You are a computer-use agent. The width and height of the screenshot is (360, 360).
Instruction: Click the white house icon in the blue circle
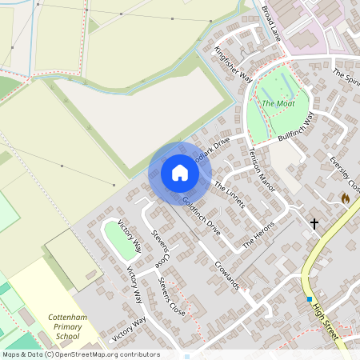click(x=179, y=173)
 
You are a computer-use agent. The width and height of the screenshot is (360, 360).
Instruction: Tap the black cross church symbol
click(x=314, y=224)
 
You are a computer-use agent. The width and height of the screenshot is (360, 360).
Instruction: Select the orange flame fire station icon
click(x=345, y=198)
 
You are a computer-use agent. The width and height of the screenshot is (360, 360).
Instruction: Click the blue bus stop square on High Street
click(x=309, y=299)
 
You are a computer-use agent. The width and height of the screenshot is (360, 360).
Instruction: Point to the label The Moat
click(x=278, y=103)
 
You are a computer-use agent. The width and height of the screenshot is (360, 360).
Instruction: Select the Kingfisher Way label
click(x=233, y=63)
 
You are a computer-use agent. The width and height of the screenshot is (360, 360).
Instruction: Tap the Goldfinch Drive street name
click(x=201, y=214)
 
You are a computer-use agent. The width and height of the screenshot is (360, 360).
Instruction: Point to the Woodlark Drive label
click(x=210, y=149)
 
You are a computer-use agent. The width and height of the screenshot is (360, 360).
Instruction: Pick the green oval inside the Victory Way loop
click(x=119, y=238)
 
